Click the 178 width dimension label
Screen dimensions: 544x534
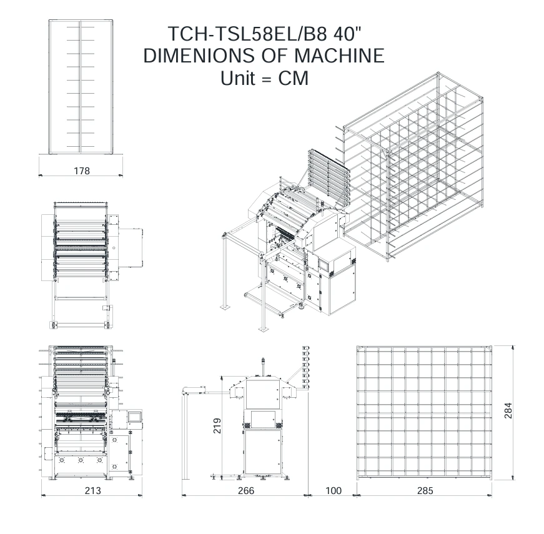(82, 171)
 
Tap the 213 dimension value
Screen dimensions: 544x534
(93, 490)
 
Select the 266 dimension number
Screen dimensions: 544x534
(246, 490)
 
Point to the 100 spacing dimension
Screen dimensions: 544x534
(334, 490)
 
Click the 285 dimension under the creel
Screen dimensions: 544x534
(425, 490)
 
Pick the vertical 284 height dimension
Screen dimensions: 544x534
(508, 410)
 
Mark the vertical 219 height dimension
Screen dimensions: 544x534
(217, 425)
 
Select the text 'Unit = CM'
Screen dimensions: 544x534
(264, 77)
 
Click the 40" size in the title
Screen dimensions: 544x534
(347, 33)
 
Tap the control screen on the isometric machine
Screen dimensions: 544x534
(324, 264)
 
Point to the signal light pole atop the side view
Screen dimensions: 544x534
(263, 366)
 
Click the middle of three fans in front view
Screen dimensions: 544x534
(81, 460)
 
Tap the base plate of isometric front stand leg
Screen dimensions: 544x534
(264, 329)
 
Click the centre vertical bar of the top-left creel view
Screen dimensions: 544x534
(81, 86)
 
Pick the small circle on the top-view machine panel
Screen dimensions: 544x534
(114, 248)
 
